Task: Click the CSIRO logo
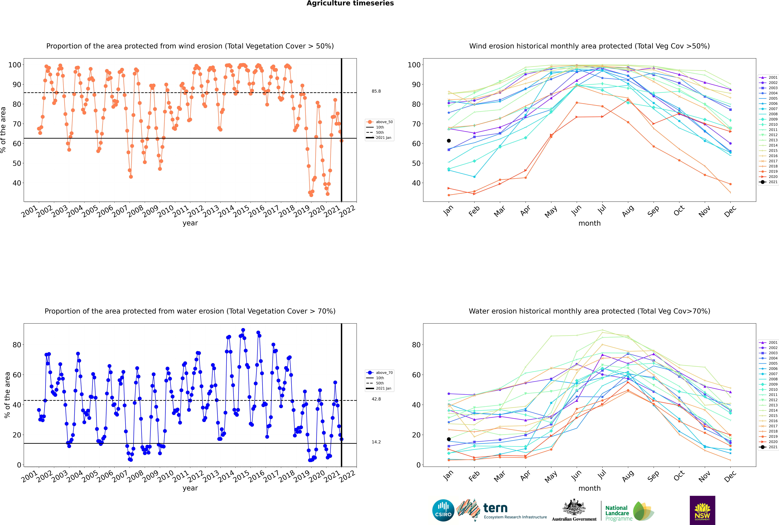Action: [443, 510]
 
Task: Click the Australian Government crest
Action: [574, 507]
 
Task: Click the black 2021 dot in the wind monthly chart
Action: [449, 141]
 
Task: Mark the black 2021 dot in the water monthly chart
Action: [449, 439]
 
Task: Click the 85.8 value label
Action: [376, 91]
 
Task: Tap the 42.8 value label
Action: [376, 399]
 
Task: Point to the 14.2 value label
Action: [376, 442]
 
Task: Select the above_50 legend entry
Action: [379, 122]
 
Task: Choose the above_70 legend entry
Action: [379, 373]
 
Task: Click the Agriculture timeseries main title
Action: [350, 3]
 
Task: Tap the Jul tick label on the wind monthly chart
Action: [602, 210]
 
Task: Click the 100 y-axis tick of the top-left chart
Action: [14, 65]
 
